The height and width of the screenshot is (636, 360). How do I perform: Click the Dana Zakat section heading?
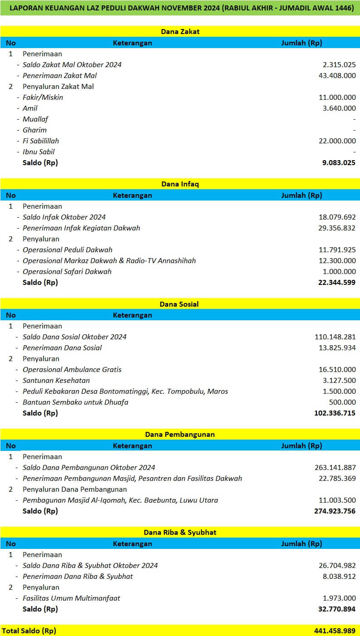point(180,32)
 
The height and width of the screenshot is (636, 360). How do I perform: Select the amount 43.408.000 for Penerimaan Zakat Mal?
point(337,76)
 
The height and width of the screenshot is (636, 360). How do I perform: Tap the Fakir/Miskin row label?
point(43,98)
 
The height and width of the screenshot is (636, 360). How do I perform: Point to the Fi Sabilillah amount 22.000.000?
point(337,141)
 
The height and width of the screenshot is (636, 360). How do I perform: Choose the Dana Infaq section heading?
point(180,184)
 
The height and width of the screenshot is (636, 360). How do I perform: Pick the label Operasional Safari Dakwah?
point(67,272)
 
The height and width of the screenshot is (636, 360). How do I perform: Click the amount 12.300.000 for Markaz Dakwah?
point(337,261)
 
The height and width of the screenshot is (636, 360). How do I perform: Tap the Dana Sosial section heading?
point(180,304)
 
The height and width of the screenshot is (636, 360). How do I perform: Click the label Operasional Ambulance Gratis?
point(72,370)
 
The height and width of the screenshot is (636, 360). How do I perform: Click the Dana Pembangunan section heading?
point(180,435)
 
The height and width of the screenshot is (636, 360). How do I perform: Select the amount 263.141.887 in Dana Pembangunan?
point(335,468)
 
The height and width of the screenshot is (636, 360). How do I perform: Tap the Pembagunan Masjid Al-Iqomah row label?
point(120,500)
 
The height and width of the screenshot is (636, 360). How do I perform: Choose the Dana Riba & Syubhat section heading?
point(180,533)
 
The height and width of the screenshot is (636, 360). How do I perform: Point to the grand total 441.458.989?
point(335,631)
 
